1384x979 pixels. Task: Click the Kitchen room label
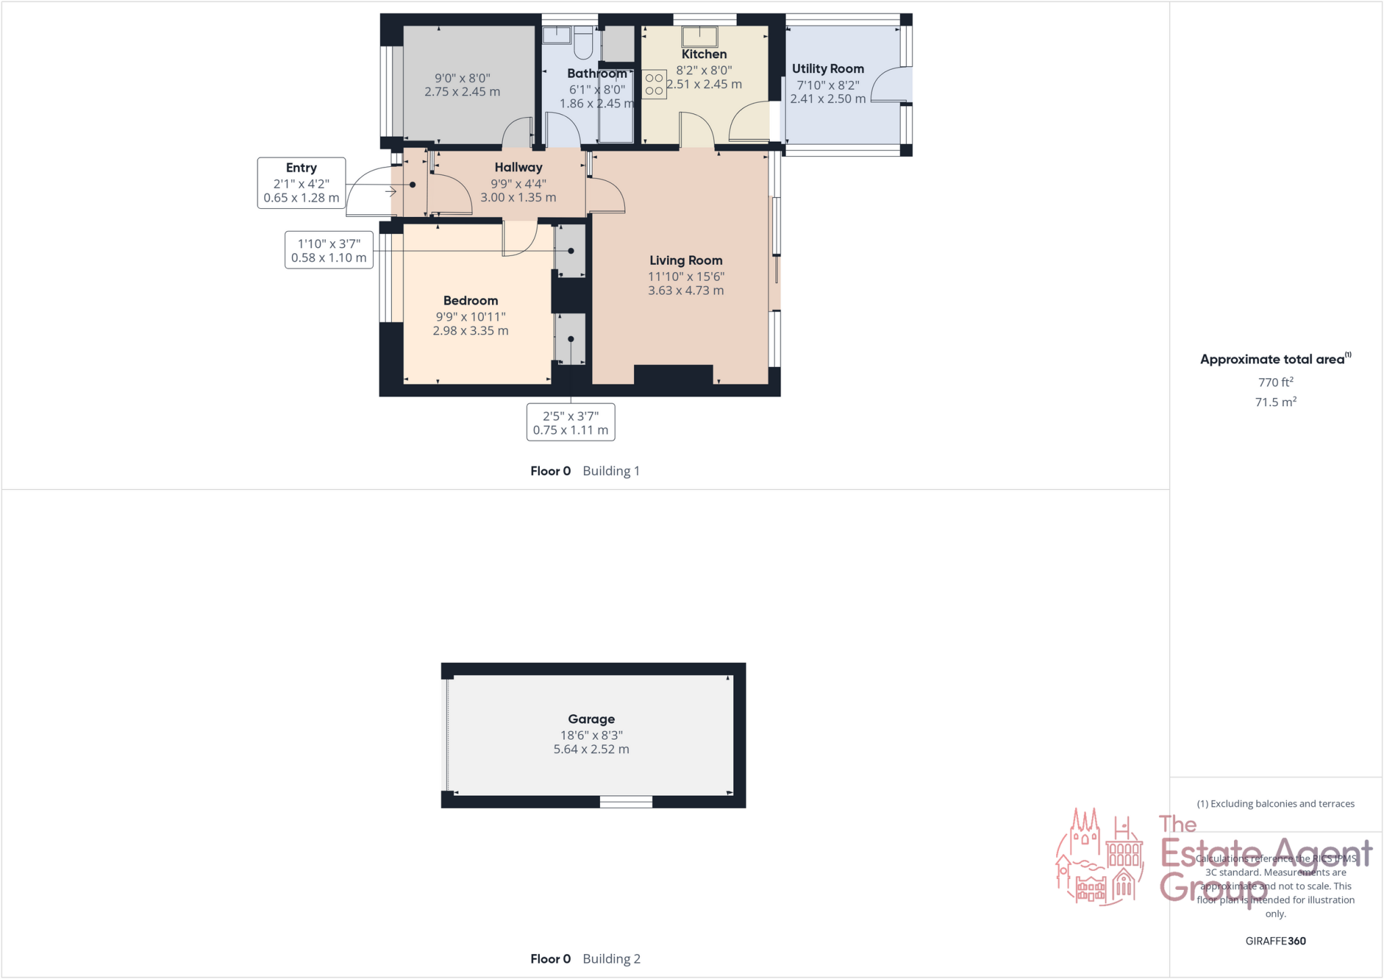pos(703,54)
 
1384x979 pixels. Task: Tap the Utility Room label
pos(828,68)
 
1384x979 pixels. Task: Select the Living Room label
pos(686,260)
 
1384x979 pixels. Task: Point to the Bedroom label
pos(470,301)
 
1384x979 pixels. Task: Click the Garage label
pos(591,719)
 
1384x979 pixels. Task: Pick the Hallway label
pos(518,167)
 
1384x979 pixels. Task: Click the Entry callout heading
pos(301,168)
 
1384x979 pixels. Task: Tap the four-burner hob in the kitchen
pos(653,84)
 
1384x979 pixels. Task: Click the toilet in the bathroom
pos(583,43)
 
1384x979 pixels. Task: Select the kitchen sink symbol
pos(699,36)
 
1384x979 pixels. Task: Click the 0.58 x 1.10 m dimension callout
pos(329,257)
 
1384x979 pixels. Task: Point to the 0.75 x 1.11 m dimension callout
pos(570,430)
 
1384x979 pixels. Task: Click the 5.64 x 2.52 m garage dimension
pos(591,749)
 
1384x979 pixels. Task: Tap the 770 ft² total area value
pos(1275,382)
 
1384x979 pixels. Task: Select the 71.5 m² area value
pos(1275,402)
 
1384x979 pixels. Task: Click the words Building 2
pos(612,959)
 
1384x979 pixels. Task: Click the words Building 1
pos(611,471)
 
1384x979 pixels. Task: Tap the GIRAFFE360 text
pos(1275,940)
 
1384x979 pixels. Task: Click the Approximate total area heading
pos(1272,359)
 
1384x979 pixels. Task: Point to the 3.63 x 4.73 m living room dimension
pos(686,291)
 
